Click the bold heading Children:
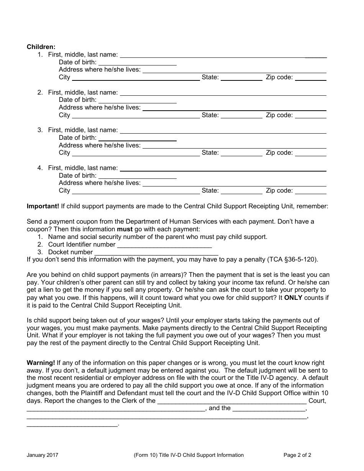41,47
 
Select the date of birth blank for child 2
137,100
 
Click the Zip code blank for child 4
310,191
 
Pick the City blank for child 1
136,78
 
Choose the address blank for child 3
234,146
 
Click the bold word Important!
43,206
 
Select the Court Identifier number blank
164,245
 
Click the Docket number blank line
156,253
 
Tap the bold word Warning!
41,363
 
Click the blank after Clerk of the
232,401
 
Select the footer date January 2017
43,455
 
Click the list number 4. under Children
40,168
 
